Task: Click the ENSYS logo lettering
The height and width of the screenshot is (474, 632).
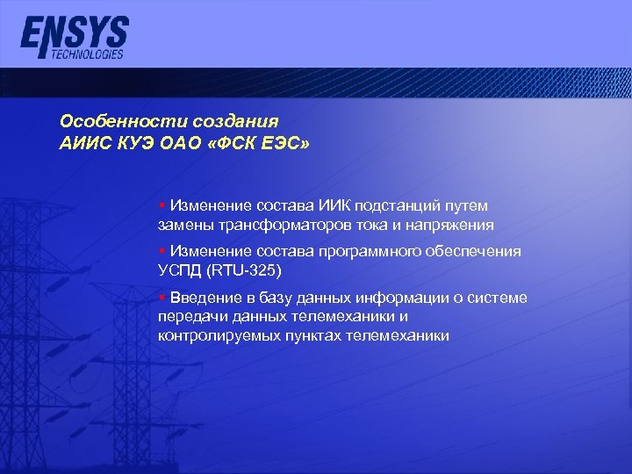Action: [x=75, y=33]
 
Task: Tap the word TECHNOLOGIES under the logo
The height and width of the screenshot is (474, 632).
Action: [x=88, y=54]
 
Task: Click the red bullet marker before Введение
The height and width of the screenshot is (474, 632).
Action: [x=162, y=297]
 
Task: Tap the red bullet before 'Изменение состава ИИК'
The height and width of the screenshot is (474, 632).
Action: [x=162, y=204]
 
